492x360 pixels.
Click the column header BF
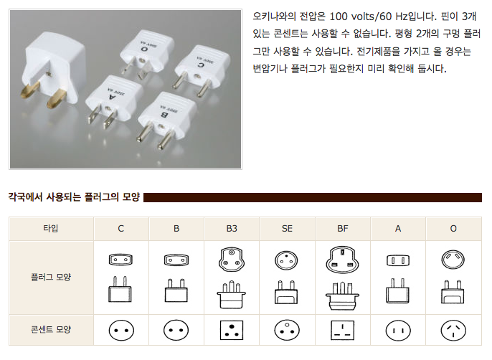[x=343, y=229]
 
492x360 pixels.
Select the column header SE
[x=287, y=229]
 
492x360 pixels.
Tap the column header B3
[x=232, y=229]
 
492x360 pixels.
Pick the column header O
[x=453, y=229]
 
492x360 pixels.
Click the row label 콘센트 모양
[x=51, y=330]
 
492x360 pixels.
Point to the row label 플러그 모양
[x=51, y=275]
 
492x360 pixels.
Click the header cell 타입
[x=51, y=229]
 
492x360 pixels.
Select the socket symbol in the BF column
[x=343, y=330]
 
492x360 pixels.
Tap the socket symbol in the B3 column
[x=232, y=330]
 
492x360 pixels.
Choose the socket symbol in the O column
[x=453, y=330]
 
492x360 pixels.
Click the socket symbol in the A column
[x=398, y=330]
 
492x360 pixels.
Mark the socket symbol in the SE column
[x=287, y=330]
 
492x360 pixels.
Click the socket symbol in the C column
[x=121, y=330]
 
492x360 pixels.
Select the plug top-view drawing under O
[x=453, y=259]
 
